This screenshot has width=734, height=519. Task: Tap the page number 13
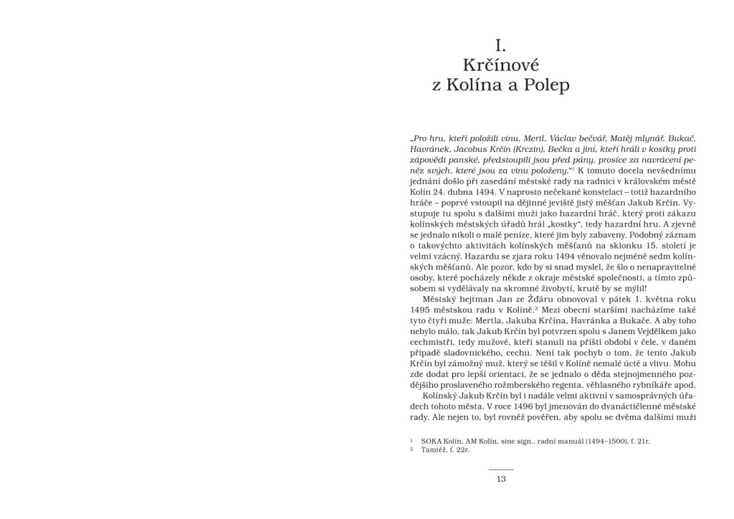(501, 479)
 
